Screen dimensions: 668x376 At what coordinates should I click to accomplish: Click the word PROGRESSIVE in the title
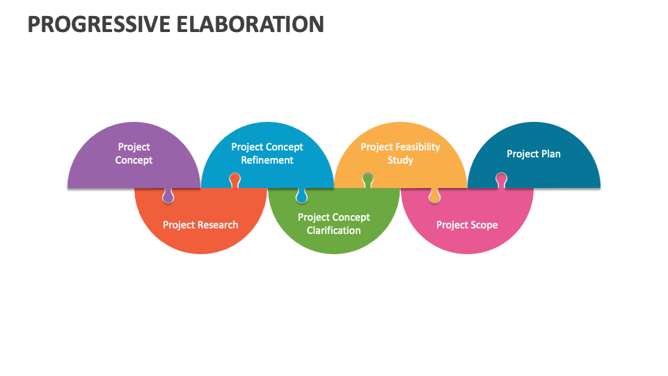pos(99,24)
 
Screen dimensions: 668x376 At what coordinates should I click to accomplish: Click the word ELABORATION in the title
pos(250,24)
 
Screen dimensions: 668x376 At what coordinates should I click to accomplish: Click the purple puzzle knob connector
pos(168,196)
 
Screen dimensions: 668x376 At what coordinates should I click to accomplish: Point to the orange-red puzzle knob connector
pos(234,180)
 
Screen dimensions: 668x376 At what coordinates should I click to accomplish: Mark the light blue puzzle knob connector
pos(301,196)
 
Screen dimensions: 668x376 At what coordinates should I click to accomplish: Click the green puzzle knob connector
pos(368,180)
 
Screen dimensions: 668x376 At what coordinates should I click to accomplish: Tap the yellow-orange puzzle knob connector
pos(434,196)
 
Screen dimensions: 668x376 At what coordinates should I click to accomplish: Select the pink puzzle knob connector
pos(502,180)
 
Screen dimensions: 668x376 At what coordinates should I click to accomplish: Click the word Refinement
pos(267,160)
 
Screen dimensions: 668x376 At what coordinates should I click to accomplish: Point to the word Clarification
pos(333,230)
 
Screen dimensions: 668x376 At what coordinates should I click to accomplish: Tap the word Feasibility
pos(415,148)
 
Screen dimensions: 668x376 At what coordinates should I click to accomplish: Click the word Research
pos(218,225)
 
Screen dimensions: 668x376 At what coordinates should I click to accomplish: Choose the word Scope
pos(484,225)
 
